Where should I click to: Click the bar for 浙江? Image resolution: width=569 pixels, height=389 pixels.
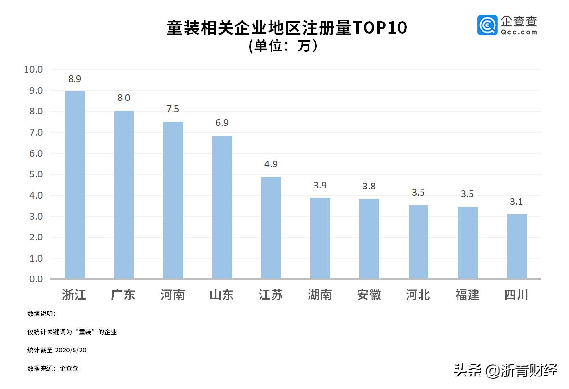pyautogui.click(x=74, y=185)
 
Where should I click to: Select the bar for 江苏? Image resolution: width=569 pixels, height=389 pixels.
pyautogui.click(x=271, y=228)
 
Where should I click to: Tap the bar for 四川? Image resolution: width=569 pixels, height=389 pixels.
pyautogui.click(x=517, y=247)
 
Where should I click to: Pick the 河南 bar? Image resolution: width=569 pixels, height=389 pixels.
pyautogui.click(x=173, y=200)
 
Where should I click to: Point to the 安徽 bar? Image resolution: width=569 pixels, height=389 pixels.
pyautogui.click(x=369, y=238)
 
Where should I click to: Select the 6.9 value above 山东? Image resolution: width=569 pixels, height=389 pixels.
pyautogui.click(x=222, y=123)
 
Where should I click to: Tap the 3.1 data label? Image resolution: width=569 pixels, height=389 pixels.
pyautogui.click(x=517, y=202)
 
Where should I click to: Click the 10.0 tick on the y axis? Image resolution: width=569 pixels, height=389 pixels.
pyautogui.click(x=33, y=69)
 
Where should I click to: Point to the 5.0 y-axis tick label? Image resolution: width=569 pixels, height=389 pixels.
pyautogui.click(x=33, y=175)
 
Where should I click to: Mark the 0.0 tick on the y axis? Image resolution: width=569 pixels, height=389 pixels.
pyautogui.click(x=33, y=279)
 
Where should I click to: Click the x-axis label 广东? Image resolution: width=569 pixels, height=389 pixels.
pyautogui.click(x=124, y=294)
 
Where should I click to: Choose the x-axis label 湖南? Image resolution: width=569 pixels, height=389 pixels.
pyautogui.click(x=320, y=294)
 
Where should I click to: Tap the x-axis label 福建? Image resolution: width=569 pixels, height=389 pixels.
pyautogui.click(x=467, y=294)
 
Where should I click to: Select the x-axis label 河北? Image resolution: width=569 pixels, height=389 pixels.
pyautogui.click(x=418, y=294)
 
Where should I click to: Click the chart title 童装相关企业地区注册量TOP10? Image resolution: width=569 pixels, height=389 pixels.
pyautogui.click(x=286, y=28)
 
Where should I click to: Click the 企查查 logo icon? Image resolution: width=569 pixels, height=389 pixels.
pyautogui.click(x=487, y=25)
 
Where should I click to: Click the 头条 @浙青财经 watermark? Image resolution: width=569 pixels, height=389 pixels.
pyautogui.click(x=506, y=370)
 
